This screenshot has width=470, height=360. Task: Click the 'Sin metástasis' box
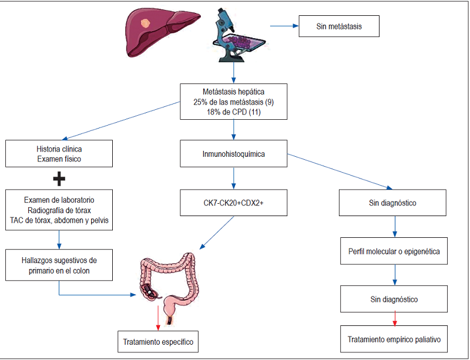pos(339,27)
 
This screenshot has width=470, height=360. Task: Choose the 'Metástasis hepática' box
pos(234,101)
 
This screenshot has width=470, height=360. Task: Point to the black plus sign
pos(59,179)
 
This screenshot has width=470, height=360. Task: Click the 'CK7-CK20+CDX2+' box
pos(234,203)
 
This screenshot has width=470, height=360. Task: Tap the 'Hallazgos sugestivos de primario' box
pos(59,264)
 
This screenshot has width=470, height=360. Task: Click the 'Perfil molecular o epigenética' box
pos(394,251)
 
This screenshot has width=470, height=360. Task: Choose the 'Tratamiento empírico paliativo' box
pos(394,339)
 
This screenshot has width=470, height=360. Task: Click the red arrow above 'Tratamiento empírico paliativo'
pos(394,318)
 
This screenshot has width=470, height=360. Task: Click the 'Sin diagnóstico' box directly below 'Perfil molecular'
pos(394,299)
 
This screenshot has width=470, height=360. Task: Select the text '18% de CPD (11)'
pos(234,111)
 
